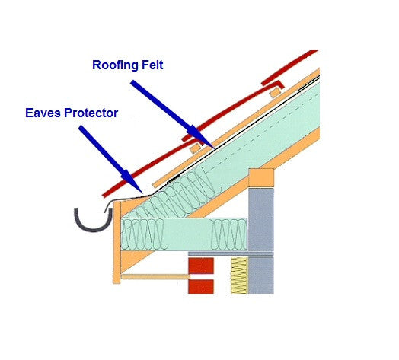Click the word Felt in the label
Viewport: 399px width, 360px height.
coord(152,65)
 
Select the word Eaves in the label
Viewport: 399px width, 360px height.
coord(43,113)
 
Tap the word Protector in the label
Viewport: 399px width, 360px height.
coord(91,113)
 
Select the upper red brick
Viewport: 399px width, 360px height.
coord(201,266)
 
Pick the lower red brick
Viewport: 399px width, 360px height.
coord(201,286)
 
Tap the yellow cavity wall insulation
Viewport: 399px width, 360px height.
coord(239,276)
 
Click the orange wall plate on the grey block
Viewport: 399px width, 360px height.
coord(261,178)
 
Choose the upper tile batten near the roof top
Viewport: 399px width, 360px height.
coord(276,93)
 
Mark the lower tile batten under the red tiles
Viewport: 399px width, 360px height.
coord(196,148)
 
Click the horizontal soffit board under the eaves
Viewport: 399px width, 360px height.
coord(155,277)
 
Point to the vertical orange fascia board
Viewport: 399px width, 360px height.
coord(117,243)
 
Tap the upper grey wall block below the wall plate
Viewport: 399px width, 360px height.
coord(261,219)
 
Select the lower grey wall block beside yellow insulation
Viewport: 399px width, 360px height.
coord(261,276)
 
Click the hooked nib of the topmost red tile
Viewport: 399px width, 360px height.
coord(281,84)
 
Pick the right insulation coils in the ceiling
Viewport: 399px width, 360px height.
coord(229,234)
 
